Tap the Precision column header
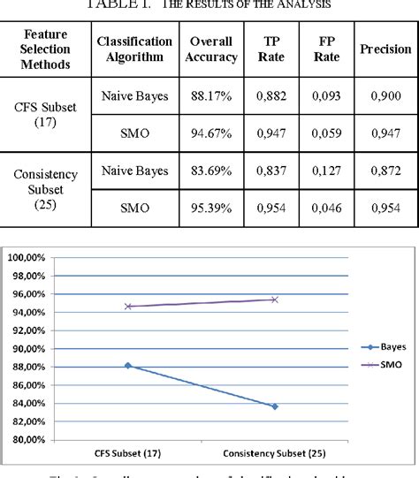point(385,49)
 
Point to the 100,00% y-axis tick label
point(29,258)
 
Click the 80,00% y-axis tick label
point(29,440)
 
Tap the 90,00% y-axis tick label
point(29,349)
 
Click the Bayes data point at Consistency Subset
point(275,406)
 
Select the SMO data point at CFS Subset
point(128,307)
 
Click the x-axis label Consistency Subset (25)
point(275,454)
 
